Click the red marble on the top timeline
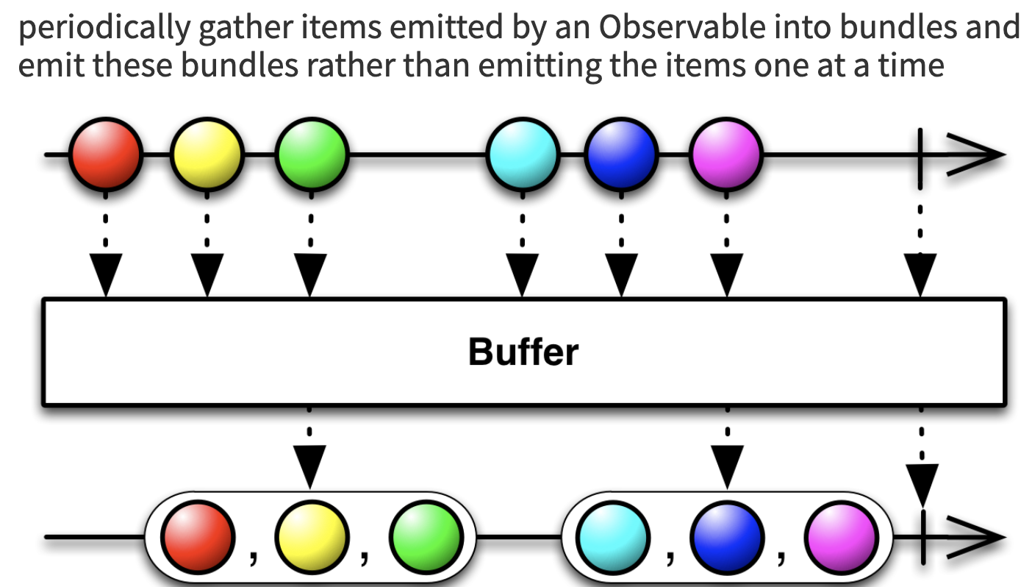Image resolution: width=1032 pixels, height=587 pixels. (105, 155)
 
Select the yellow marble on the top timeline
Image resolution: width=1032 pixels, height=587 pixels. (207, 155)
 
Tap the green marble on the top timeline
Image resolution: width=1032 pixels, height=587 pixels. (311, 155)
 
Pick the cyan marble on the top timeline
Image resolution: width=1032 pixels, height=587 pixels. (523, 155)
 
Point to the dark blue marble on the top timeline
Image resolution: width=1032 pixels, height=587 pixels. (622, 155)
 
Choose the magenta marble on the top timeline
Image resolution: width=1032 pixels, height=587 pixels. (726, 155)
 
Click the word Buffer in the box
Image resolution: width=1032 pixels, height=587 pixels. (523, 352)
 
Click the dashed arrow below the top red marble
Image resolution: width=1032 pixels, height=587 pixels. (105, 250)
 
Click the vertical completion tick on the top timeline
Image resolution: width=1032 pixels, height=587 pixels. (920, 155)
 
